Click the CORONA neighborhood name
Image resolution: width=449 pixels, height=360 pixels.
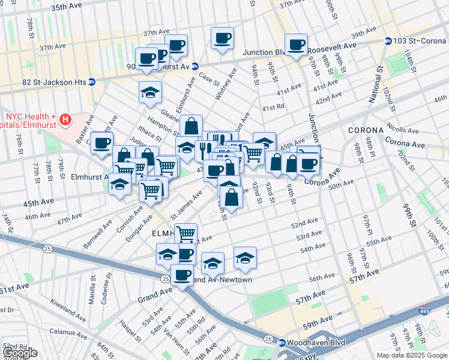[366, 130]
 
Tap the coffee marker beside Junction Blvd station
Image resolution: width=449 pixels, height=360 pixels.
[296, 44]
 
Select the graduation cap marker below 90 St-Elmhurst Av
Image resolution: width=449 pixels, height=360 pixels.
[150, 92]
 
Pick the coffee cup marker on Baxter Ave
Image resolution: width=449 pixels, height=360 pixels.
[102, 143]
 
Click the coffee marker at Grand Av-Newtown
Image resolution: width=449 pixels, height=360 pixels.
[182, 275]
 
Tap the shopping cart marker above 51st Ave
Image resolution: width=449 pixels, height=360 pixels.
[186, 233]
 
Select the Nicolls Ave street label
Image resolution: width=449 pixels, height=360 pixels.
[403, 129]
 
